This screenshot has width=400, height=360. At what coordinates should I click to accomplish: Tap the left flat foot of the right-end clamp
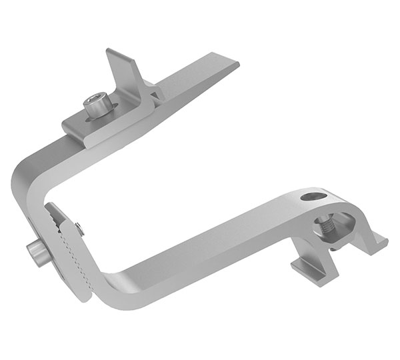(307, 270)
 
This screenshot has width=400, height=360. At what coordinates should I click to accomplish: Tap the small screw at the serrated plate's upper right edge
(80, 229)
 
